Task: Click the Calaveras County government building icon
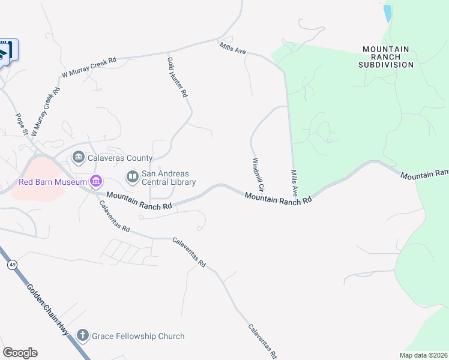[x=79, y=158]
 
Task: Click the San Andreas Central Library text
[x=169, y=178]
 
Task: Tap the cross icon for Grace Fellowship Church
[x=83, y=336]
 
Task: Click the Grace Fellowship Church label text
[x=138, y=336]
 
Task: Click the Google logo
[x=20, y=353]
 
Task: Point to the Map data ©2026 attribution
[x=424, y=355]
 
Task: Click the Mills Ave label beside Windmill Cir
[x=295, y=182]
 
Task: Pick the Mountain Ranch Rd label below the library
[x=139, y=200]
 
